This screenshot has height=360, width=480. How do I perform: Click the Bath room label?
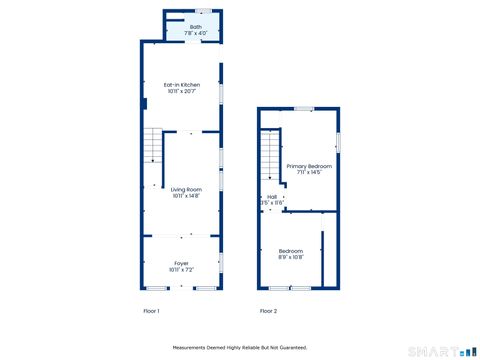(181, 27)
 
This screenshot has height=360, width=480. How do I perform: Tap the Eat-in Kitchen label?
(181, 85)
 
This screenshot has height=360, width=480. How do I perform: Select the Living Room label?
(186, 189)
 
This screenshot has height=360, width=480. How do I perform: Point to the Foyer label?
(181, 263)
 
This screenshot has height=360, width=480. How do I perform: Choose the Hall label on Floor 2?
(271, 197)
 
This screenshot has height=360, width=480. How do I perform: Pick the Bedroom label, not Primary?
(291, 250)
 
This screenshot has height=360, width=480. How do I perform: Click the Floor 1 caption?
(151, 311)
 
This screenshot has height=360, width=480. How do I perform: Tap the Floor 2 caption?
(269, 311)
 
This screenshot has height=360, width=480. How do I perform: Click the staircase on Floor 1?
(151, 146)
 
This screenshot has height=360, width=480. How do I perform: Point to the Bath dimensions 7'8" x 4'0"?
(181, 33)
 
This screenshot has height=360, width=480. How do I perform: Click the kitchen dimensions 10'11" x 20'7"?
(181, 92)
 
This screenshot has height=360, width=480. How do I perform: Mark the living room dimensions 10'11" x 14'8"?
(186, 195)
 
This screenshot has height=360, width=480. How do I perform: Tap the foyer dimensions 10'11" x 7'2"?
(181, 269)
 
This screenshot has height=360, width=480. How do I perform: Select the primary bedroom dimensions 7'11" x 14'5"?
(308, 172)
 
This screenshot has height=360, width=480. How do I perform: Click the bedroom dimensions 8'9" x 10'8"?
(291, 257)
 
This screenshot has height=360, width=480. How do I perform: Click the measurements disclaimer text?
(239, 347)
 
